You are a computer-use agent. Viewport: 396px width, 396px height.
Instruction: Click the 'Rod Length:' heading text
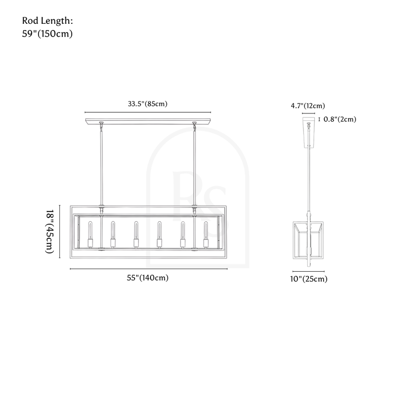[48, 21]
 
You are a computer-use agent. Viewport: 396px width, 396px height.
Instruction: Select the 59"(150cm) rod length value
[48, 34]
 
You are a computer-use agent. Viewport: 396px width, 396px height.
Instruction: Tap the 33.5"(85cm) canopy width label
[148, 104]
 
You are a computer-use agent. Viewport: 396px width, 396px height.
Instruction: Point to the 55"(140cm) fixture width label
[148, 278]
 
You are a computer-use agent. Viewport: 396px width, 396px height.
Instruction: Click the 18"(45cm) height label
[50, 231]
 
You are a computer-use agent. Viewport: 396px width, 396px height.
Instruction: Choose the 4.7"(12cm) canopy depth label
[308, 105]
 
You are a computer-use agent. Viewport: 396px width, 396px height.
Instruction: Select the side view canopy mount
[309, 131]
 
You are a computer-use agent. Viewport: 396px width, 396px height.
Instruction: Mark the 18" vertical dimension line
[60, 231]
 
